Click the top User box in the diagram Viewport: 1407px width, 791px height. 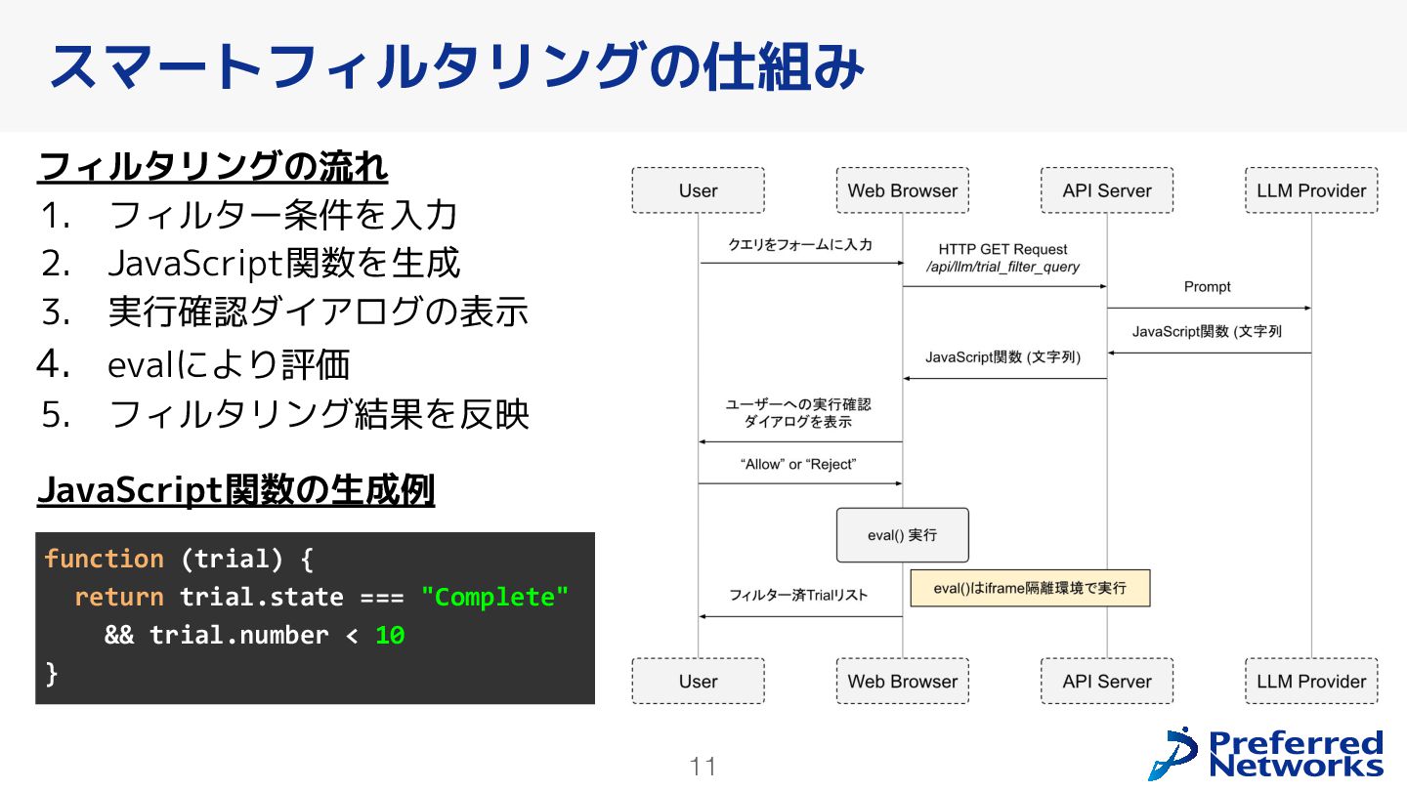coord(698,190)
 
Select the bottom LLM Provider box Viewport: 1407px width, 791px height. coord(1311,681)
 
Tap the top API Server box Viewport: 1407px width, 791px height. coord(1107,190)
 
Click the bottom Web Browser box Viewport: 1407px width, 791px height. coord(902,681)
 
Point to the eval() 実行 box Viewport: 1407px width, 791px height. coord(902,535)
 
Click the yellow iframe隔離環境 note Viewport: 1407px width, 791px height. coord(1030,588)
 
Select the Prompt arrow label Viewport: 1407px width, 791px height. coord(1208,286)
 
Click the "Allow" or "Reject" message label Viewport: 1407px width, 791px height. coord(798,464)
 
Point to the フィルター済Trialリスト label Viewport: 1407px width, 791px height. coord(798,595)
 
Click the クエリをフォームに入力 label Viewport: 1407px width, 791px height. coord(800,245)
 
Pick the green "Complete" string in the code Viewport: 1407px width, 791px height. coord(494,597)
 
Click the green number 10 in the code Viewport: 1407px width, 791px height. coord(390,635)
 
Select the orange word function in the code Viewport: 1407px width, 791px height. coord(104,559)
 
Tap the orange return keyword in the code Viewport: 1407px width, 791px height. coord(119,597)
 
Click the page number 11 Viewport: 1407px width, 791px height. coord(703,767)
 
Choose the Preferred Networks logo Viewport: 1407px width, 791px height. coord(1266,753)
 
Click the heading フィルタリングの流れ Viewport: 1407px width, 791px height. coord(212,166)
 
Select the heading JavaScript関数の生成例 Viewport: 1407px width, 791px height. coord(235,489)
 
